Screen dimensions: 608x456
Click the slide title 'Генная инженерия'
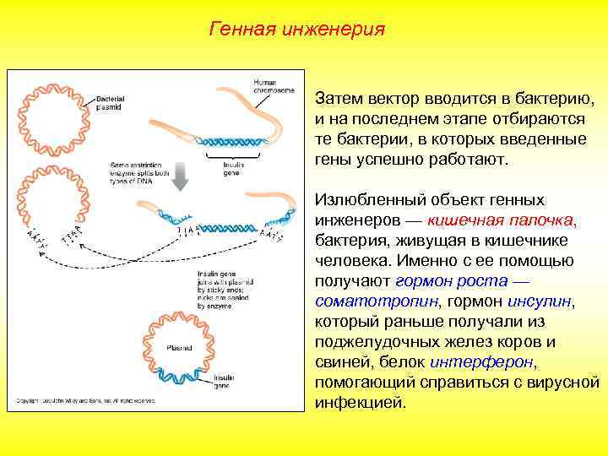[x=296, y=30]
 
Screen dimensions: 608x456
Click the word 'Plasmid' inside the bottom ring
[x=179, y=347]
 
